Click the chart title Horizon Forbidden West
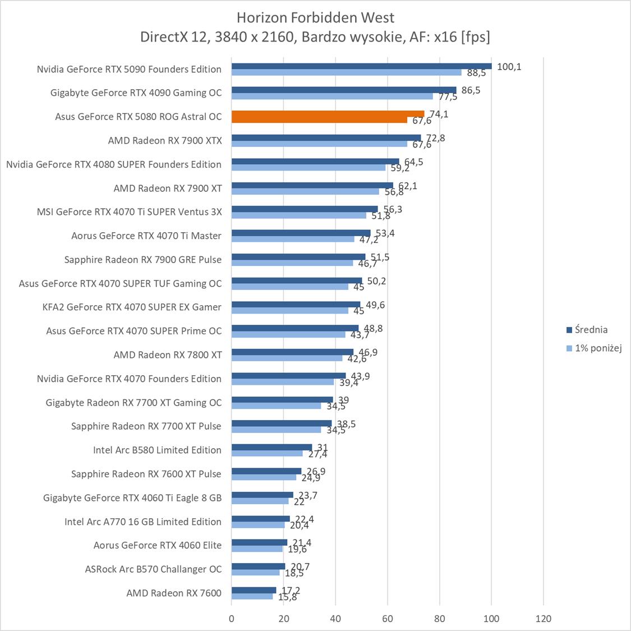(315, 17)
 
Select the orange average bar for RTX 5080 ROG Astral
(328, 114)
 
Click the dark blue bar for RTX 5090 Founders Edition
(361, 66)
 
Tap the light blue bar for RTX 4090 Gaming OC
(332, 96)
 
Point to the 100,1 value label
(509, 67)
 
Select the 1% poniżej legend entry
(598, 348)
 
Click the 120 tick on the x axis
(544, 619)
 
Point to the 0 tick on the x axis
(232, 619)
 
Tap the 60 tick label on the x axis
(388, 619)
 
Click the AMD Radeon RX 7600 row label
(174, 593)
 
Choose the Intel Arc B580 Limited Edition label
(157, 450)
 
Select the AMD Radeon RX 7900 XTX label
(165, 140)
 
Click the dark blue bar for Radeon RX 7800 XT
(292, 352)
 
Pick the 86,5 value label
(470, 90)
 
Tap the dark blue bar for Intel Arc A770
(261, 519)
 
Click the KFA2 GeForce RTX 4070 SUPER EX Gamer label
(132, 307)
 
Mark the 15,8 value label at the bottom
(287, 597)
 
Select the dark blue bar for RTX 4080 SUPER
(315, 162)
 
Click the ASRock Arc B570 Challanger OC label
(153, 569)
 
